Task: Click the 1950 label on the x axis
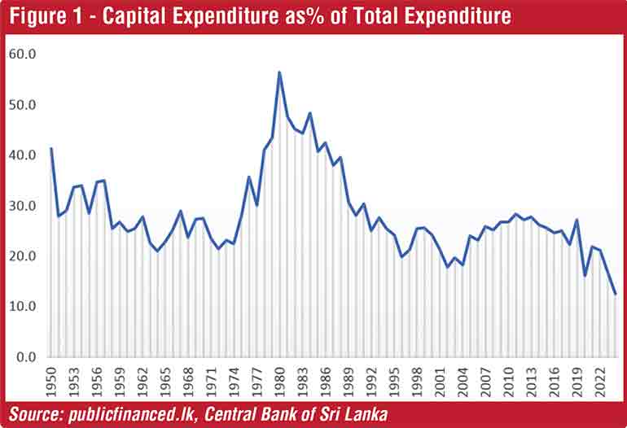51,379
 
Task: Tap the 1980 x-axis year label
279,379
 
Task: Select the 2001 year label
440,379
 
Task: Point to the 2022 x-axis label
599,379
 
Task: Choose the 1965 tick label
165,379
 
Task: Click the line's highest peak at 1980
279,72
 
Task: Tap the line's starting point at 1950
51,148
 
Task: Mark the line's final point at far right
615,294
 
